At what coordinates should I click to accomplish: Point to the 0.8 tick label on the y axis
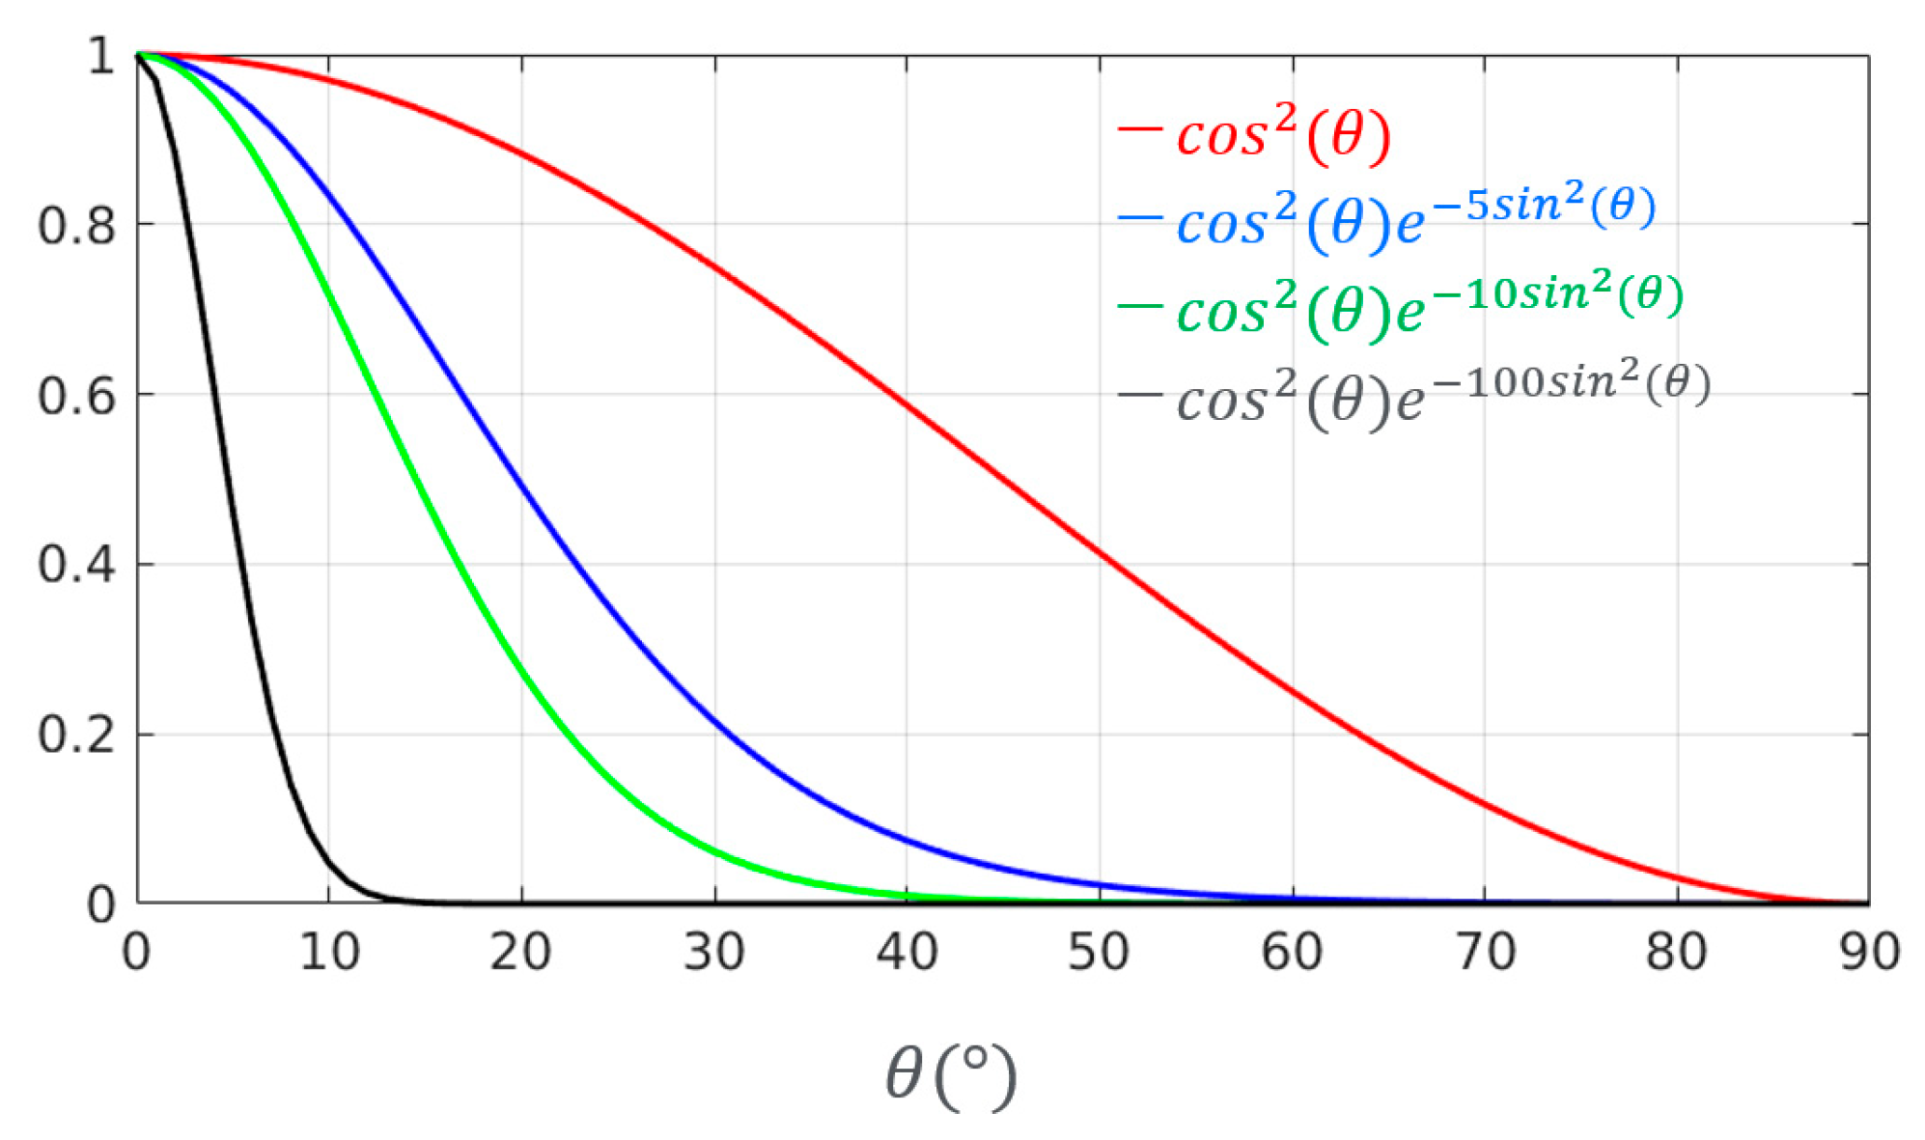(76, 227)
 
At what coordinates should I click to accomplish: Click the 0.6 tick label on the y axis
(76, 397)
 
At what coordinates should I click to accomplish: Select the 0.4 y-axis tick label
(76, 566)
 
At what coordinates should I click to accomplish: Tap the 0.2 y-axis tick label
(76, 736)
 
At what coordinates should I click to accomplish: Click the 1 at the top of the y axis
(100, 57)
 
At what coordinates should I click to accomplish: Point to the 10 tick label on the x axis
(329, 953)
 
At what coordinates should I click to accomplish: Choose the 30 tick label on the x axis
(714, 953)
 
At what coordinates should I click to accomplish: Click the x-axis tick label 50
(1099, 953)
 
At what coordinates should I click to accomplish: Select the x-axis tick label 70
(1485, 953)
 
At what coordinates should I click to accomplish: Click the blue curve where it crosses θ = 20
(522, 483)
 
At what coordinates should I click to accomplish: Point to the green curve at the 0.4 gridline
(451, 564)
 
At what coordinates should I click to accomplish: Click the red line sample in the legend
(1139, 128)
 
